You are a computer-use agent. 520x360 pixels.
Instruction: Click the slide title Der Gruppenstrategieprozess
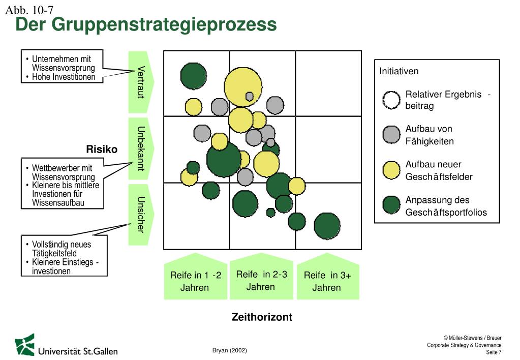coord(146,24)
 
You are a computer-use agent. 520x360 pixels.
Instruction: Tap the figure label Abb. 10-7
coord(29,10)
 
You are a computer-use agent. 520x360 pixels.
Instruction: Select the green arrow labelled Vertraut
coord(140,82)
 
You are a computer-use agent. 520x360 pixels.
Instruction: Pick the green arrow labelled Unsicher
coord(140,215)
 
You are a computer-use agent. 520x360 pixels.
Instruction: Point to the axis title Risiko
coord(102,149)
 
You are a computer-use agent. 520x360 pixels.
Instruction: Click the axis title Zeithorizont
coord(262,317)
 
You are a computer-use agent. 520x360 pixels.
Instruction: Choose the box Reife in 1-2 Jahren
coord(195,281)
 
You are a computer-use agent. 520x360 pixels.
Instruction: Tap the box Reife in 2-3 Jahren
coord(261,280)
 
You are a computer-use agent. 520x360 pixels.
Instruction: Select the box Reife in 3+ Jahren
coord(327,281)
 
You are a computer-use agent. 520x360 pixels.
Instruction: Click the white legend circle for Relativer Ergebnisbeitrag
coord(391,100)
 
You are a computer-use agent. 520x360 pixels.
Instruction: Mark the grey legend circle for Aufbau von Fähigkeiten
coord(391,135)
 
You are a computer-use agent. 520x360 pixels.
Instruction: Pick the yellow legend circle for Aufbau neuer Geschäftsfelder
coord(391,170)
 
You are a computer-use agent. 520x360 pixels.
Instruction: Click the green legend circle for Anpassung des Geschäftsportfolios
coord(391,205)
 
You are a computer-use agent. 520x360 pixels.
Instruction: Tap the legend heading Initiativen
coord(399,71)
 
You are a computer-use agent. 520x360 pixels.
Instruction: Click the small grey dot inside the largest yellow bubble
coord(249,96)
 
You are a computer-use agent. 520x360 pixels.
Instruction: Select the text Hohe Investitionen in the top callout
coord(64,77)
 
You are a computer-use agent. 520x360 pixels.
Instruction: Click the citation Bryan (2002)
coord(229,350)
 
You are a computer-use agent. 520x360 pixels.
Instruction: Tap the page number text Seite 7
coord(494,352)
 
